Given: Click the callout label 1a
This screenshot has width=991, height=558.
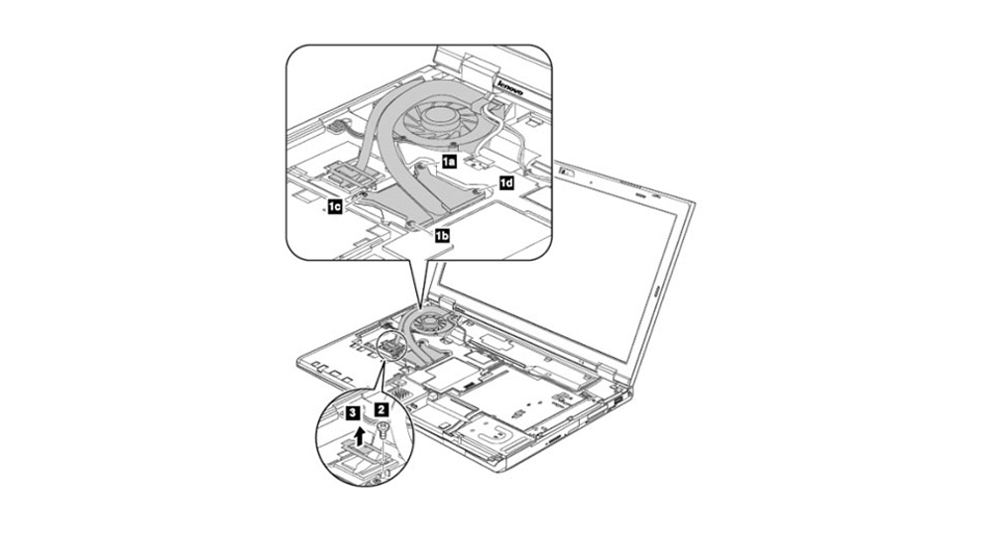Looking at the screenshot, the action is click(448, 162).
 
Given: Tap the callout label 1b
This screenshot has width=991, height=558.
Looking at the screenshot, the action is click(442, 236).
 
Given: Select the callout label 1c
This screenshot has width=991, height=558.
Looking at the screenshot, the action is click(334, 206).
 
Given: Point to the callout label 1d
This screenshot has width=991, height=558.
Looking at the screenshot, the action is click(506, 184).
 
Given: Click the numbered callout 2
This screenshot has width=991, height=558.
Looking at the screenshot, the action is click(382, 410).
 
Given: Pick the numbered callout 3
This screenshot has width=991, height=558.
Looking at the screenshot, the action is click(354, 413).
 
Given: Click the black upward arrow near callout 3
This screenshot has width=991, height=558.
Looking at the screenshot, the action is click(359, 435).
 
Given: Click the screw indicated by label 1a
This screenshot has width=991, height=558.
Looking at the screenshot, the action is click(419, 167).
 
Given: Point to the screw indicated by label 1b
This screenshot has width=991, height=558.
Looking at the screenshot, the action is click(411, 224).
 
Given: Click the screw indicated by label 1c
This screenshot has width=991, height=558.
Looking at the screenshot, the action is click(355, 198).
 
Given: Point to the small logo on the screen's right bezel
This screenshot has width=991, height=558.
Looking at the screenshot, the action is click(656, 292).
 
